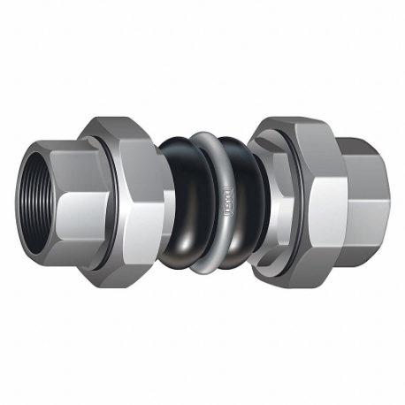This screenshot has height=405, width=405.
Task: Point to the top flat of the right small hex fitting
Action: tap(354, 146)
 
